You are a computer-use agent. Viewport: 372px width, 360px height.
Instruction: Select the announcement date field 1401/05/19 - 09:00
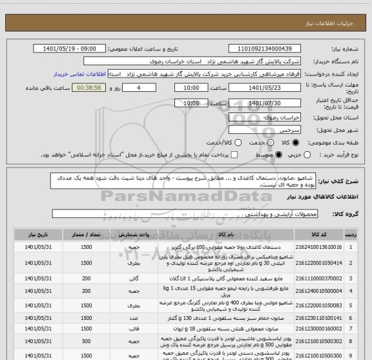click(x=75, y=48)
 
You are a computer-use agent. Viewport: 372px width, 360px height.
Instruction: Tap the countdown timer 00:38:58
click(x=94, y=89)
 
